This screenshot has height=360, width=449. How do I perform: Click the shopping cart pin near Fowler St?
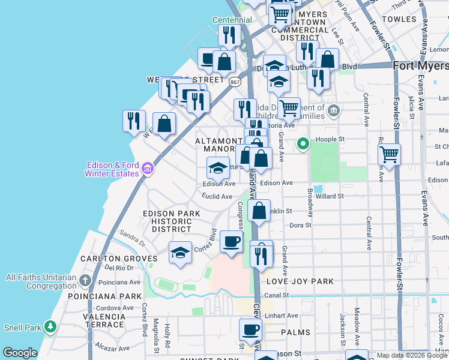(x=390, y=154)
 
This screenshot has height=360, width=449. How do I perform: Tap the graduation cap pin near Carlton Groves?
(x=180, y=252)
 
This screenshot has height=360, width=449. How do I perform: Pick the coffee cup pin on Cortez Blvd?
(x=231, y=241)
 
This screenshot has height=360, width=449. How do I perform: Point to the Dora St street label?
(x=300, y=226)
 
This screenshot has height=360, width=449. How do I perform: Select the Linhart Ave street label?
(x=284, y=316)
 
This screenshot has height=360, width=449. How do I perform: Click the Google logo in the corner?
(x=20, y=353)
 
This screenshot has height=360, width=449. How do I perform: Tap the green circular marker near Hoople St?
(x=303, y=143)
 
